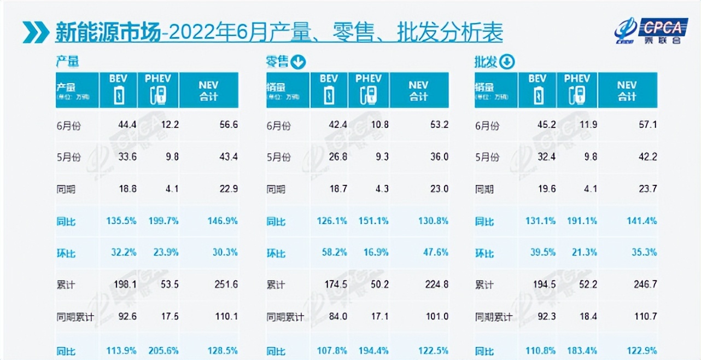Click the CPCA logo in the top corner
tap(648, 30)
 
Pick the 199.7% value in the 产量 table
tap(163, 222)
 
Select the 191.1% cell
tap(581, 222)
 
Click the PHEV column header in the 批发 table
tap(577, 90)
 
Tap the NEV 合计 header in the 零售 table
tap(419, 90)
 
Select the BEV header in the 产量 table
tap(118, 90)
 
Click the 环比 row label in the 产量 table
tap(66, 253)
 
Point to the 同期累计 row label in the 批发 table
tap(493, 317)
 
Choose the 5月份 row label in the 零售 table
tap(278, 157)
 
